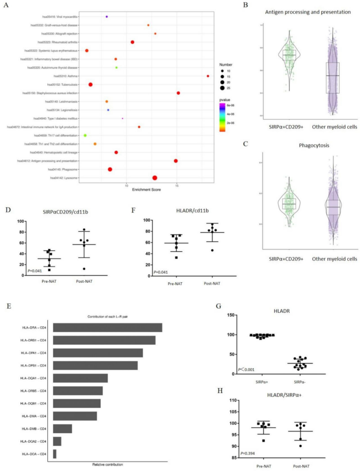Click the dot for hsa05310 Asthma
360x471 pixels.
tap(208, 76)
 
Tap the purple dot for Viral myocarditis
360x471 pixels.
tap(107, 17)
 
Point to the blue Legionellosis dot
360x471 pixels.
tap(108, 110)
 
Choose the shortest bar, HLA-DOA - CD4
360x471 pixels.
tap(55, 453)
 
